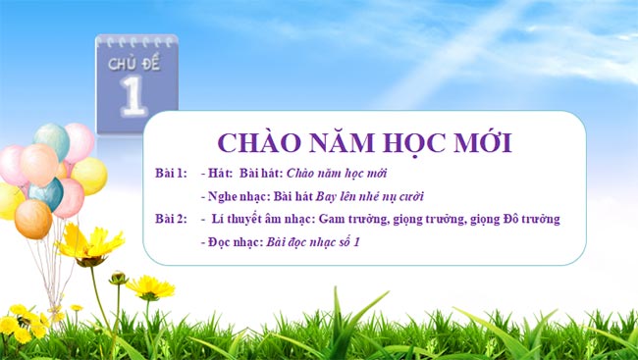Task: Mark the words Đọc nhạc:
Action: [x=237, y=240]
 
